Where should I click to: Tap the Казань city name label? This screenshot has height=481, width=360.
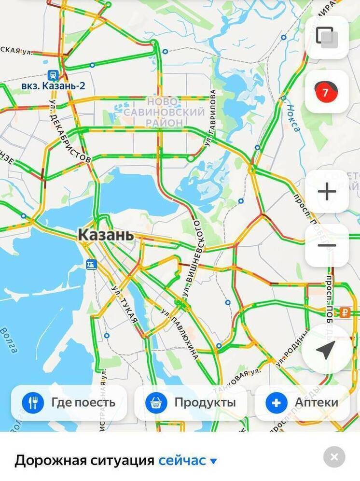[x=106, y=235]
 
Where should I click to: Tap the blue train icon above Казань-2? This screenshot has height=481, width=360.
[x=53, y=75]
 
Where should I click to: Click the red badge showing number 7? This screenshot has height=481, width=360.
[x=325, y=92]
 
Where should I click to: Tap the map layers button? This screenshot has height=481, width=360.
[x=327, y=37]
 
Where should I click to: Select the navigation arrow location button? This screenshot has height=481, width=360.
[x=326, y=349]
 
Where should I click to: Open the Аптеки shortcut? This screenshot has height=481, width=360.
[x=302, y=402]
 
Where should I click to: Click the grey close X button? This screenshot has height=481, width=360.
[x=334, y=457]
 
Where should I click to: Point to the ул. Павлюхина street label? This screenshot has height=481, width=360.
[x=180, y=334]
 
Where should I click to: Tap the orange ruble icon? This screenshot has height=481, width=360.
[x=345, y=311]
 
